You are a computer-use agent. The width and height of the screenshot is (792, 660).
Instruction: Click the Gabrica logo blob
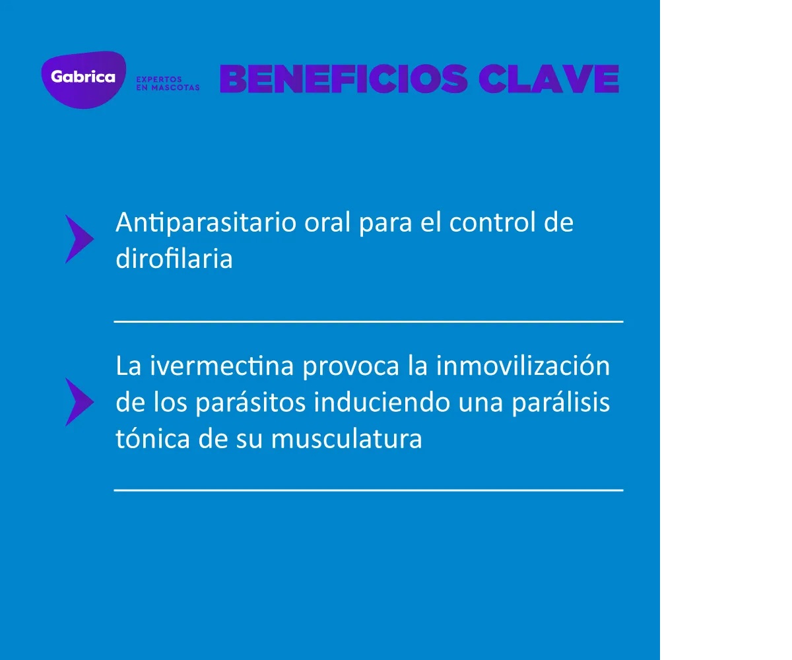point(83,80)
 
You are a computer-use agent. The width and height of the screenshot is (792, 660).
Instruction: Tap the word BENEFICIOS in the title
point(344,79)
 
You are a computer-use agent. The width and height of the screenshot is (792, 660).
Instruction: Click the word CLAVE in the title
point(549,79)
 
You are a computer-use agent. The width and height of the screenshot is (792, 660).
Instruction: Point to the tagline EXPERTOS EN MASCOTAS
point(168,83)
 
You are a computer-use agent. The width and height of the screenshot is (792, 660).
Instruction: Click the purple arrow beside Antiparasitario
point(79,239)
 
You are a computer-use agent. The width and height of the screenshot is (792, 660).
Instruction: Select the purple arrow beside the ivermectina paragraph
point(79,402)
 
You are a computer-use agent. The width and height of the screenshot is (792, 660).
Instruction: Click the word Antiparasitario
point(205,222)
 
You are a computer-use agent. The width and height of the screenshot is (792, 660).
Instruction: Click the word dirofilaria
point(174,258)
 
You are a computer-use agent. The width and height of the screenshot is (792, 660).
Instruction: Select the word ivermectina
point(222,366)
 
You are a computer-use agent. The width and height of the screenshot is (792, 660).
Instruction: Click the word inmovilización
point(523,366)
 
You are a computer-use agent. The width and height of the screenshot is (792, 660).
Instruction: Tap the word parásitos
point(251,403)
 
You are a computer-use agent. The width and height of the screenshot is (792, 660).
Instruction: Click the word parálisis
point(561,403)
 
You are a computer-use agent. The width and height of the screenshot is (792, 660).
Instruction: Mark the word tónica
point(152,438)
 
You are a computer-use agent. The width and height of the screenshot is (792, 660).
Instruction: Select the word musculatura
point(346,438)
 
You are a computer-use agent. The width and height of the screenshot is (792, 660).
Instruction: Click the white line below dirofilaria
point(368,321)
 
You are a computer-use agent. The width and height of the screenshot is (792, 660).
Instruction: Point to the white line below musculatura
point(368,490)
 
